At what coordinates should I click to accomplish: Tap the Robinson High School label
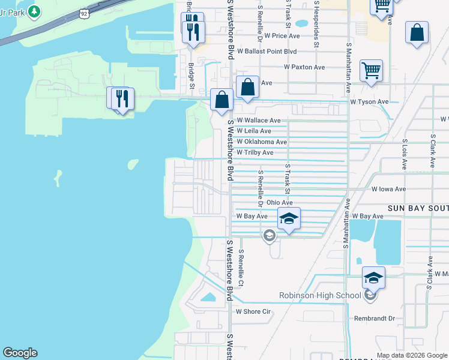[321, 295]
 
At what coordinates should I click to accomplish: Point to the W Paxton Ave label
[304, 67]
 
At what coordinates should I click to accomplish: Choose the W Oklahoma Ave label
[262, 142]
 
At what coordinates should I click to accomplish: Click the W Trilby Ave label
[255, 153]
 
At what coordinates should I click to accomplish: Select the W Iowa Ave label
[389, 189]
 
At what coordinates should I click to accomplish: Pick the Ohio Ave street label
[279, 203]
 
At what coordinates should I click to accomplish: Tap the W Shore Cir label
[253, 311]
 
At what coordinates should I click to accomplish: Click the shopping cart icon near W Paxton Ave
[372, 70]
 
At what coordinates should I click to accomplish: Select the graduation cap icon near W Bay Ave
[289, 220]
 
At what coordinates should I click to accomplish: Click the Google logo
[20, 353]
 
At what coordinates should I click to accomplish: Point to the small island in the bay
[58, 178]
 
